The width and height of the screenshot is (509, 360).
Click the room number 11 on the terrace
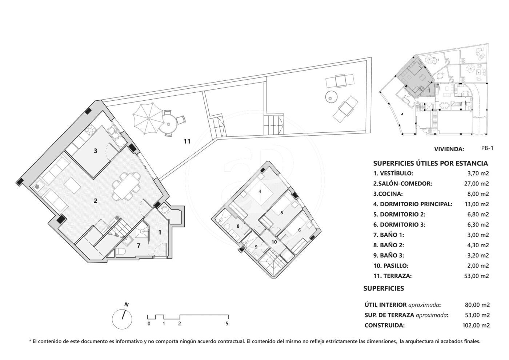187,141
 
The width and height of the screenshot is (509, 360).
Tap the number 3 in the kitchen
95,151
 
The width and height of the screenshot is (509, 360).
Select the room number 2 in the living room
95,200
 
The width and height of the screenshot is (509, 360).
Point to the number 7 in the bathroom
139,246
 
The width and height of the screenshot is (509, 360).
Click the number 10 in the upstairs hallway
274,242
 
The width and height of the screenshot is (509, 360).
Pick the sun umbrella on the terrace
148,119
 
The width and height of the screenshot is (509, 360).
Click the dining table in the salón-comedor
125,186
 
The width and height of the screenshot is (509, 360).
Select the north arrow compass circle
122,319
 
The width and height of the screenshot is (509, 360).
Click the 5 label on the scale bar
227,324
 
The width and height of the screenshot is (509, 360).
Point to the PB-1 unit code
487,148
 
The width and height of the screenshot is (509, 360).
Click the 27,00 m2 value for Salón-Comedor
476,184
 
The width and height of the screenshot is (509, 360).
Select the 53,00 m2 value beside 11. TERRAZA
476,276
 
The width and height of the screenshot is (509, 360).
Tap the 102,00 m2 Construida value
476,325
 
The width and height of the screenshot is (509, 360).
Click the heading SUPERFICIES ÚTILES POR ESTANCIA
430,163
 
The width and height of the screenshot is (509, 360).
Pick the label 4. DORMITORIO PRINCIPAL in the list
413,204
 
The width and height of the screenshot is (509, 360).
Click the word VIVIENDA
449,149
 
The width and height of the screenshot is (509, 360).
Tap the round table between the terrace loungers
331,97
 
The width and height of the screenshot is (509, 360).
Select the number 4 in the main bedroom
260,191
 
